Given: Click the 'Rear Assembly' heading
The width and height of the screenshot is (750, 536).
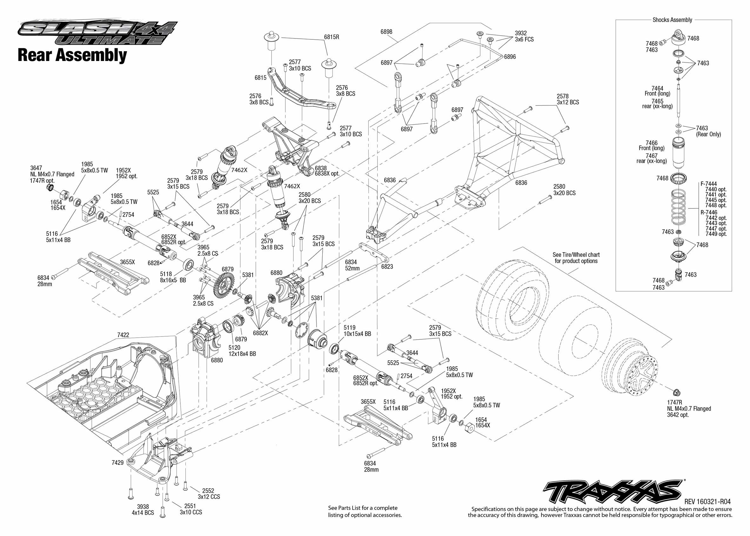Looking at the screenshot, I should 72,55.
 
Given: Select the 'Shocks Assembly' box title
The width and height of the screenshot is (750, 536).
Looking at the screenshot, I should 672,20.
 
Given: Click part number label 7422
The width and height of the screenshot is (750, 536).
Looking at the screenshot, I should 123,335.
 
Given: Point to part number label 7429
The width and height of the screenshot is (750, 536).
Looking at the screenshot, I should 117,462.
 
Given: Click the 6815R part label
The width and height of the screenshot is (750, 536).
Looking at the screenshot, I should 331,37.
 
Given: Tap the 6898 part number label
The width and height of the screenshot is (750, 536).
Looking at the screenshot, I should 386,32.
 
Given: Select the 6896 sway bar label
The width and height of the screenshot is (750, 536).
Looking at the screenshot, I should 510,57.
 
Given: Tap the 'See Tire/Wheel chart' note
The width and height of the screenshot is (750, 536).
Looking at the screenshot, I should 576,258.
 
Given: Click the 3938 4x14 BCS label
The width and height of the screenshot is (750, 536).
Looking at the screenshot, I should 143,510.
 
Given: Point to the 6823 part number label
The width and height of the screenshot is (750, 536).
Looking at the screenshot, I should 387,267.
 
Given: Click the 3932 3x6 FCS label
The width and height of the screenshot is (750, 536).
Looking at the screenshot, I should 524,36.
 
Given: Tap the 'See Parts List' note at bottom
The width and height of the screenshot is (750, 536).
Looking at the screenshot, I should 365,511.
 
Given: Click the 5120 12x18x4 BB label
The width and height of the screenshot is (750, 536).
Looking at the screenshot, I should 242,350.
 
